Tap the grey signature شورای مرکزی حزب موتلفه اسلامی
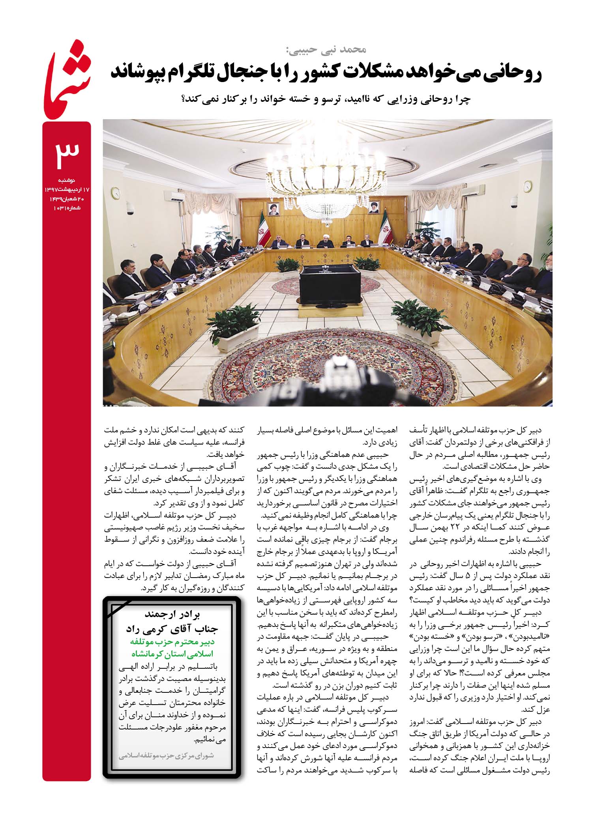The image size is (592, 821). [x=166, y=756]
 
